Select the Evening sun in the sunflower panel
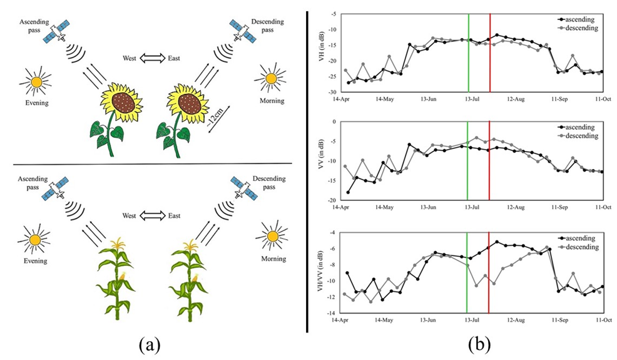tap(36, 81)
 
